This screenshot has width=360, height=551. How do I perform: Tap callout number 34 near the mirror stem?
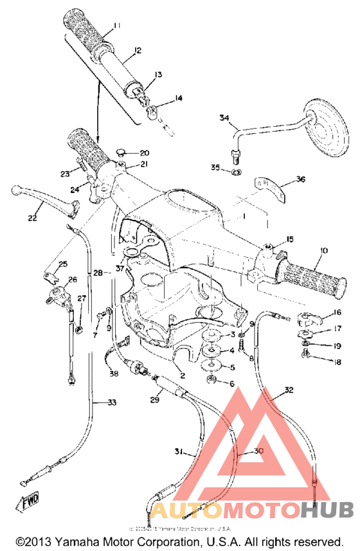tap(224, 118)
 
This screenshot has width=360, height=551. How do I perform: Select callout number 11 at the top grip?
tap(116, 26)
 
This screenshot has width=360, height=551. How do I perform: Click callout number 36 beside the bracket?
tap(300, 179)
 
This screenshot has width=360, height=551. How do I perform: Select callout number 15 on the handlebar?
tap(290, 239)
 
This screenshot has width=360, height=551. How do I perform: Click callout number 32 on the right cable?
tap(289, 390)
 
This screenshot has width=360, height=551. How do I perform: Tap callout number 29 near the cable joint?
tap(154, 400)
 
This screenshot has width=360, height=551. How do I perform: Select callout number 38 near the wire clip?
tap(113, 374)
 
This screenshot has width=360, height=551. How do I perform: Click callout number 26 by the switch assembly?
tap(72, 280)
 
